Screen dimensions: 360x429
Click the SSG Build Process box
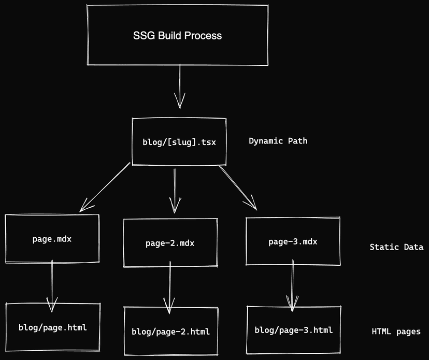point(177,35)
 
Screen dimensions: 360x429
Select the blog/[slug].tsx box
point(179,141)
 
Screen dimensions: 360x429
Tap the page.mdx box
point(52,239)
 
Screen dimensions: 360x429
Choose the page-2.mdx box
point(170,242)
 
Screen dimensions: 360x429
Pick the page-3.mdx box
point(293,241)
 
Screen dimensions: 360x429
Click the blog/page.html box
point(52,327)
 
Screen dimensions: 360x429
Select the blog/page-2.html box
point(170,331)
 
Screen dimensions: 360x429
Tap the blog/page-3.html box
point(293,330)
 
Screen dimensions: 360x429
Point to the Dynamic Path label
point(278,140)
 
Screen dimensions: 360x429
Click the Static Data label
point(396,247)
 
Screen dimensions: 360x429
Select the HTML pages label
point(396,332)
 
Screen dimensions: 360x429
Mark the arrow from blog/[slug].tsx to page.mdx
point(105,188)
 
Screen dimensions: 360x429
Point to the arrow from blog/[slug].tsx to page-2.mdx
point(174,189)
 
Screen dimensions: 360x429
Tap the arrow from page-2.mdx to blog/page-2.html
point(169,286)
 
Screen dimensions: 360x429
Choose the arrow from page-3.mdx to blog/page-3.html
point(293,284)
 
